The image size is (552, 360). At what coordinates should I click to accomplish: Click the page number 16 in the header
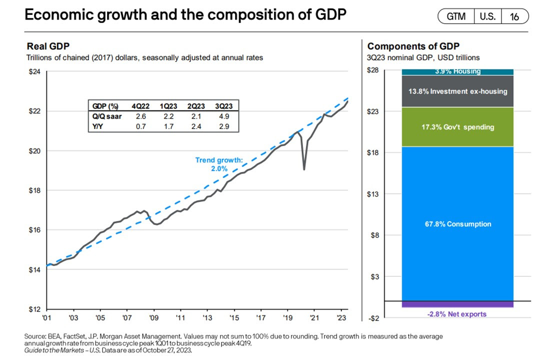(514, 16)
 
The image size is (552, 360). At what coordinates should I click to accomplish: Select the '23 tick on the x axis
(342, 317)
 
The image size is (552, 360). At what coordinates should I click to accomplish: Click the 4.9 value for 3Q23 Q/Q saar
(225, 115)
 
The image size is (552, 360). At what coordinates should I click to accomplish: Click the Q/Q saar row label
(104, 115)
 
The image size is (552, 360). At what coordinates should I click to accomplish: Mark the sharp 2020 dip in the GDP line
(304, 168)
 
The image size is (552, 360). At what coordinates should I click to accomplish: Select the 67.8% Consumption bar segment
(457, 223)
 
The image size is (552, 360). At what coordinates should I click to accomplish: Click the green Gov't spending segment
(457, 127)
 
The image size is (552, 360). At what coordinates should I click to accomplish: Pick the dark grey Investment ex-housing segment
(457, 91)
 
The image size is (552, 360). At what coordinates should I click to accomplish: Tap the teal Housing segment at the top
(457, 72)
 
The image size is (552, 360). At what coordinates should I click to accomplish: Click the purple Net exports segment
(457, 304)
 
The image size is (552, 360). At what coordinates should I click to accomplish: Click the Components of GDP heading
(413, 46)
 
